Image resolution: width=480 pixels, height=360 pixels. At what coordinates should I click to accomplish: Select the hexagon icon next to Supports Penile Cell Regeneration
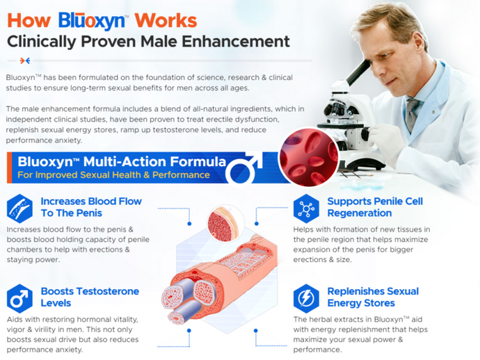[305, 208]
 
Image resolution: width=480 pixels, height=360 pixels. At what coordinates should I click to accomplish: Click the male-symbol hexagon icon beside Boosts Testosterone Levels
[19, 298]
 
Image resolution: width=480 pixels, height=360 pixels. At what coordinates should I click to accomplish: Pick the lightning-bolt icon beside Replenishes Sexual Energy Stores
[305, 297]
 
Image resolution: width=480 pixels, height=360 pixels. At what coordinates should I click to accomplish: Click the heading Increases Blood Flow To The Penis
[91, 207]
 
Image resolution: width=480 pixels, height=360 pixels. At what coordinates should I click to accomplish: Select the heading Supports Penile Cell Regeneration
[375, 207]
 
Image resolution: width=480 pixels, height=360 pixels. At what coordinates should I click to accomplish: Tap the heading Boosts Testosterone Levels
[90, 297]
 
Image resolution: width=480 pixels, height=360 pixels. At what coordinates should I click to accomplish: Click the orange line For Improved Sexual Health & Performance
[114, 174]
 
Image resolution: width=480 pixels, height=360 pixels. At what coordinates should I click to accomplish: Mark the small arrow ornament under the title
[25, 60]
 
